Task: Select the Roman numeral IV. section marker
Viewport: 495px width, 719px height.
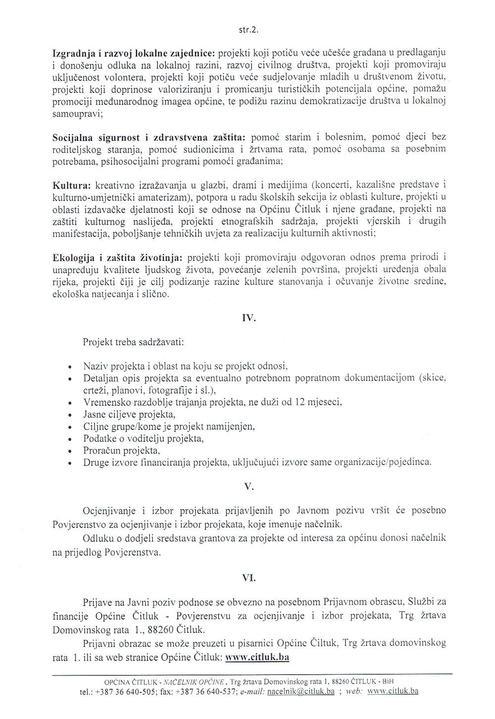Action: (248, 319)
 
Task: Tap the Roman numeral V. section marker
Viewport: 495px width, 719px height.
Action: (248, 487)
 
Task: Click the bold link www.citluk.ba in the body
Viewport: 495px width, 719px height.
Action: (257, 658)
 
